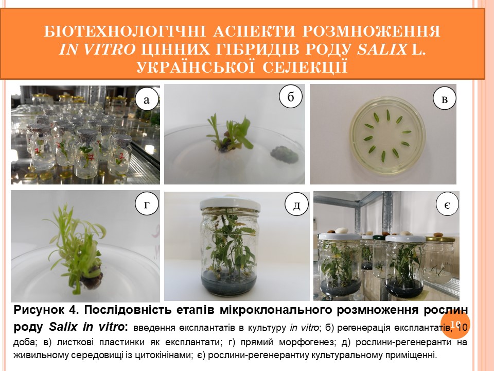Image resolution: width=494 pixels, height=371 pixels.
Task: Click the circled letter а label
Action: [147, 99]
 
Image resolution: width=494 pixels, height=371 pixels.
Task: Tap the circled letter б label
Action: [290, 96]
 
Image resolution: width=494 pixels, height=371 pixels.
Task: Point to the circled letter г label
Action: [147, 204]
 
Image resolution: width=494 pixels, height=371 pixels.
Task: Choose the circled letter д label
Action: [296, 205]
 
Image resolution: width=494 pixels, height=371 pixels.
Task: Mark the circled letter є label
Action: [447, 205]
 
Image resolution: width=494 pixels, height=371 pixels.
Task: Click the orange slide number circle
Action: [455, 324]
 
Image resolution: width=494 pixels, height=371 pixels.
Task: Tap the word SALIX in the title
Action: [382, 49]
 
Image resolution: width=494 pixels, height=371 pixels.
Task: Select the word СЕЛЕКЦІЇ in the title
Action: [305, 67]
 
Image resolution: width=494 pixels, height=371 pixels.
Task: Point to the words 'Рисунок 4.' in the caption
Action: [46, 310]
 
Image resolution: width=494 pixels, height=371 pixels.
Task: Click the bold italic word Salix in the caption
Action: [63, 327]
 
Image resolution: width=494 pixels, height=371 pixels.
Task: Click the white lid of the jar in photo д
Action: [230, 204]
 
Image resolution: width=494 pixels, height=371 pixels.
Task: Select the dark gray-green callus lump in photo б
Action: [285, 154]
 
